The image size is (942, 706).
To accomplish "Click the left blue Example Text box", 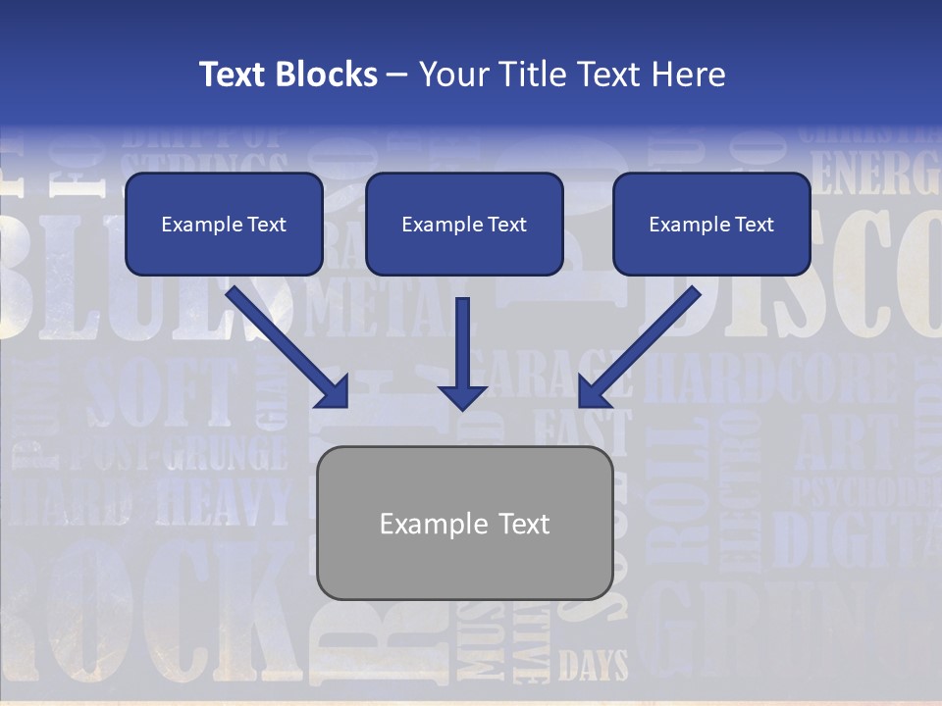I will pos(224,224).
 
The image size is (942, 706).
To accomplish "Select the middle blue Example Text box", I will pos(464,224).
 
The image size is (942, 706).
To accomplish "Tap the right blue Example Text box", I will pos(711,224).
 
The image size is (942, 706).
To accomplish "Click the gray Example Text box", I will pos(464,523).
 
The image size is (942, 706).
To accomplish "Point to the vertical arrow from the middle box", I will pos(462,353).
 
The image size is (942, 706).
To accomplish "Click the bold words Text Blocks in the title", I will pos(288,75).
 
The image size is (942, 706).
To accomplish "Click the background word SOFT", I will pos(162,392).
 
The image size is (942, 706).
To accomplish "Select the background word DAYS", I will pos(593,667).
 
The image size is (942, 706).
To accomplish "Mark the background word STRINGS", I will pos(206,163).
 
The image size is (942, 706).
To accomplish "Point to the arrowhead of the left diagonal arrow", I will pos(333,391).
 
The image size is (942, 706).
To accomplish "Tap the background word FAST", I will pos(583,428).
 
